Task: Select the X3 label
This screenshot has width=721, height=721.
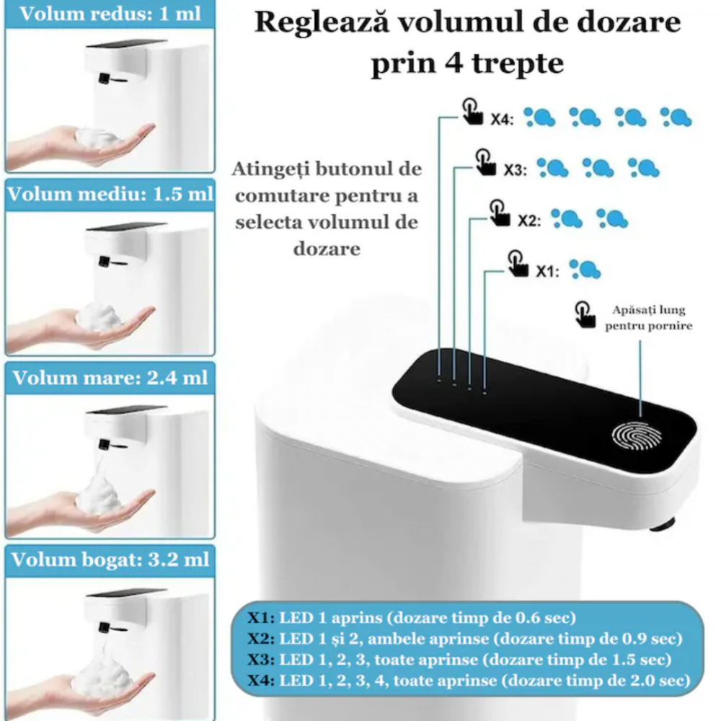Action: tap(515, 170)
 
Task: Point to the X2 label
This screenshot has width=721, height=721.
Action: tap(528, 220)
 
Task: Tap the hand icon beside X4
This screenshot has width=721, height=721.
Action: tap(472, 112)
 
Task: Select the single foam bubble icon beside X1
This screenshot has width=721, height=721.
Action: tap(585, 269)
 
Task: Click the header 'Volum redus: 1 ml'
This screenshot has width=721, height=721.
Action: tap(110, 14)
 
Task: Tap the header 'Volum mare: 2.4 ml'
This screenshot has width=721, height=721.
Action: tap(110, 377)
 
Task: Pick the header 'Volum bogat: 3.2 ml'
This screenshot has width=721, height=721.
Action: tap(110, 559)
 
